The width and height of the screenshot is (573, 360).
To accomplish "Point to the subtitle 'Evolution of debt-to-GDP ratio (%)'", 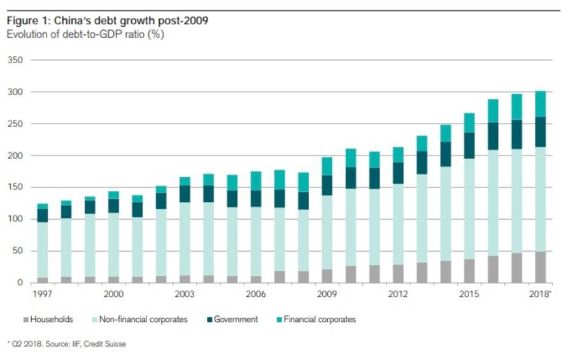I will (x=85, y=34).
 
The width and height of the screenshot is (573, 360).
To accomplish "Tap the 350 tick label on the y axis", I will (x=14, y=61).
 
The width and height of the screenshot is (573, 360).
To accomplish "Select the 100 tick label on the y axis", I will (x=14, y=219).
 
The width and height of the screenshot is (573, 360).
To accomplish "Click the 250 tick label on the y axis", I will (x=14, y=124).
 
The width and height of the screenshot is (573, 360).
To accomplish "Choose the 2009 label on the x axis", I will (x=327, y=294).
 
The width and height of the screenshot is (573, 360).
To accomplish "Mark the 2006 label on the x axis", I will (x=255, y=294).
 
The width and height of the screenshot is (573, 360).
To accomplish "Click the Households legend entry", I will (x=51, y=319).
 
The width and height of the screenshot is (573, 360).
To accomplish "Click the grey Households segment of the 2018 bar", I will (x=541, y=267).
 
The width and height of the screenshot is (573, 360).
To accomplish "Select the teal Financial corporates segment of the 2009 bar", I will (x=327, y=166).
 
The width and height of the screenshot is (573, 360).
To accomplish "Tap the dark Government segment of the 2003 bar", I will (x=185, y=194).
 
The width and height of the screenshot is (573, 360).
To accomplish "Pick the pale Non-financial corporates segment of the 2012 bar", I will (x=398, y=224).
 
